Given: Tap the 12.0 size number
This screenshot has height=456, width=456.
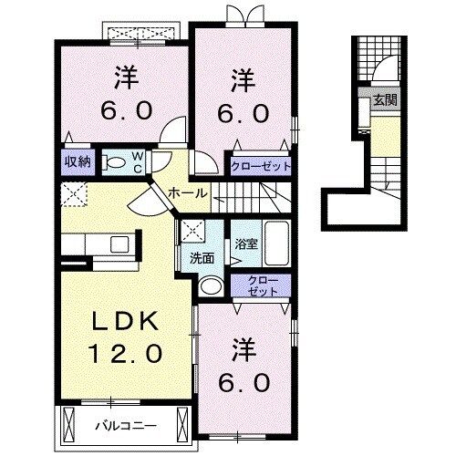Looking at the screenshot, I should pyautogui.click(x=125, y=351).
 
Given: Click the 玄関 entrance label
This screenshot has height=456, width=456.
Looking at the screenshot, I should pyautogui.click(x=384, y=101).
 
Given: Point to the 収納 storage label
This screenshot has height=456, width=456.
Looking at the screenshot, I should pyautogui.click(x=77, y=161).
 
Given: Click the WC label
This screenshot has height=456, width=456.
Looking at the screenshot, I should pyautogui.click(x=135, y=162).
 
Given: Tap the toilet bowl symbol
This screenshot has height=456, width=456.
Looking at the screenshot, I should pyautogui.click(x=114, y=163).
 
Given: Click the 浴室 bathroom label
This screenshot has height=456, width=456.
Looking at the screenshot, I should pyautogui.click(x=244, y=244).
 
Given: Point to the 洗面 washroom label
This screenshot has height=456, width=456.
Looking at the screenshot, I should pyautogui.click(x=201, y=258).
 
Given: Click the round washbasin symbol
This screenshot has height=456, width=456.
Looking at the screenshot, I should pyautogui.click(x=209, y=285).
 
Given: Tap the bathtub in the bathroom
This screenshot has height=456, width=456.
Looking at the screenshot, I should pyautogui.click(x=274, y=244).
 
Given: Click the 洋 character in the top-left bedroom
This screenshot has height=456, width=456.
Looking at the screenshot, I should pyautogui.click(x=126, y=78).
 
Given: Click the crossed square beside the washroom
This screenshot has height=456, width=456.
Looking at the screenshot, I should pyautogui.click(x=192, y=231).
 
